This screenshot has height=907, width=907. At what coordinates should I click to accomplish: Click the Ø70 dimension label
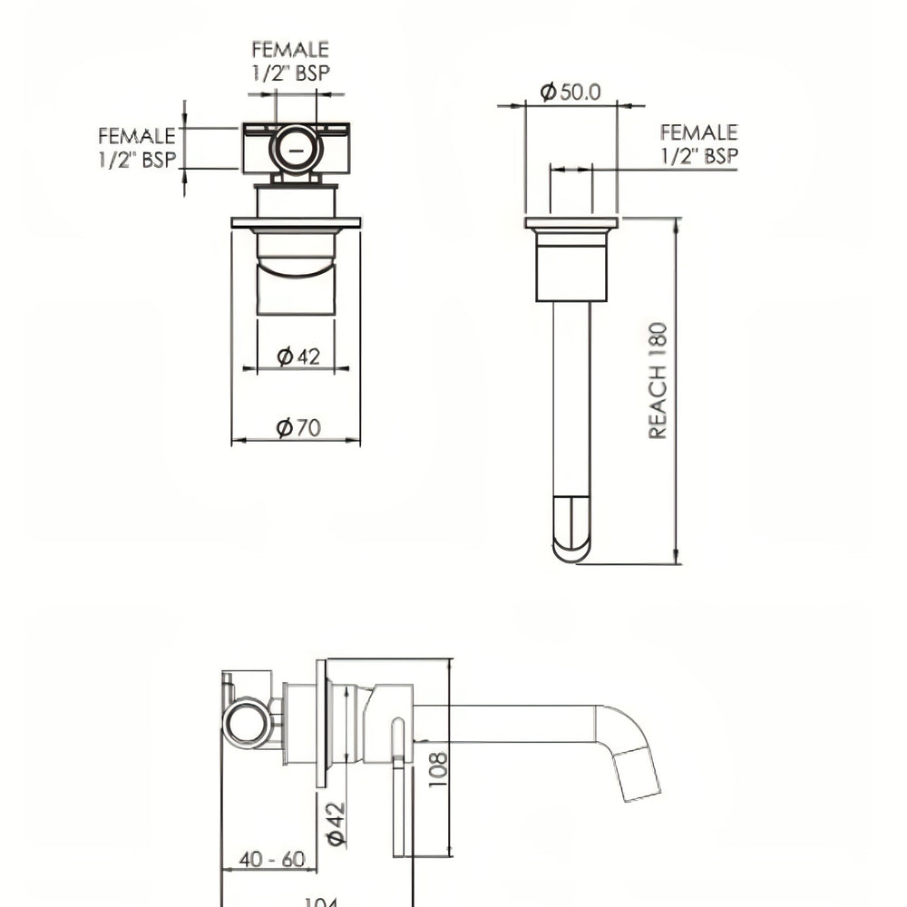click(298, 427)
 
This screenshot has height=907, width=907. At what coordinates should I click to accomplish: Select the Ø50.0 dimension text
click(571, 92)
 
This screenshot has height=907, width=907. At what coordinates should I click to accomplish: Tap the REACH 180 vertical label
click(658, 381)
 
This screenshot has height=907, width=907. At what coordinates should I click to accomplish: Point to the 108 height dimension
click(438, 769)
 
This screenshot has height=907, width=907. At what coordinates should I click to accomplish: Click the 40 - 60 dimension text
click(271, 859)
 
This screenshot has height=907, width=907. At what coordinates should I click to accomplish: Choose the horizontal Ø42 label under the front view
click(298, 356)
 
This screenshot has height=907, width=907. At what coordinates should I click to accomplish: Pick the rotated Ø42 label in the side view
click(335, 824)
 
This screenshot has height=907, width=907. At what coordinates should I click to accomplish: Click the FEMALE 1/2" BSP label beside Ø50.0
click(698, 144)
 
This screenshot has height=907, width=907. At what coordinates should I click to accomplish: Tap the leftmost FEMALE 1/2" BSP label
click(137, 148)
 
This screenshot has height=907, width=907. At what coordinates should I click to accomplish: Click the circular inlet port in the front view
click(297, 147)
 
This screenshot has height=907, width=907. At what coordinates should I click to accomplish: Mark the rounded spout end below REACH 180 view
click(571, 530)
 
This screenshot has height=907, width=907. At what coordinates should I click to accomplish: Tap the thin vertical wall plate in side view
click(321, 723)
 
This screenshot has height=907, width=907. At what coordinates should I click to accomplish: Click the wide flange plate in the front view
click(296, 222)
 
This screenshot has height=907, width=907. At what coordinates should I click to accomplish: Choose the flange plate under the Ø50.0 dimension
click(571, 223)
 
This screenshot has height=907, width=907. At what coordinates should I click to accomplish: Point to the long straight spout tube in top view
click(571, 399)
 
